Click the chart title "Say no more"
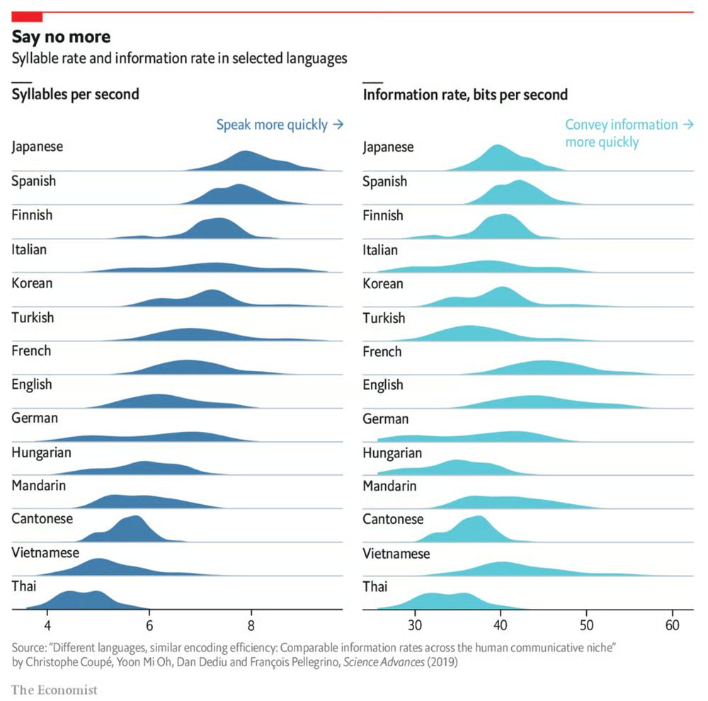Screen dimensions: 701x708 click(x=61, y=37)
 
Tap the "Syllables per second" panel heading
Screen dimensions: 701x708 click(x=75, y=94)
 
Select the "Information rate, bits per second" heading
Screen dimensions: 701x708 click(x=465, y=94)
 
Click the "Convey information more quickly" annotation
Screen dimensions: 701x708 click(x=629, y=133)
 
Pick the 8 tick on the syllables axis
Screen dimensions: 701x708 click(x=251, y=625)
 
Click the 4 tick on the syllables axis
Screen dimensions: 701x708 click(x=47, y=625)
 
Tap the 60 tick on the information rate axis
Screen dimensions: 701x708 click(x=672, y=625)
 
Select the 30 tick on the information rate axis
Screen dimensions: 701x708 click(x=415, y=625)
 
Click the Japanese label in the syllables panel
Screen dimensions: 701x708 click(x=38, y=147)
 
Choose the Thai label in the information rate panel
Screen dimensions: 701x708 click(x=375, y=587)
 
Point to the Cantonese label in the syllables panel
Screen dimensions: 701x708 click(x=42, y=518)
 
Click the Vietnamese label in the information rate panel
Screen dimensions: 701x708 click(x=396, y=554)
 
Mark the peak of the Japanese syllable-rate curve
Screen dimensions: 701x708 click(x=246, y=152)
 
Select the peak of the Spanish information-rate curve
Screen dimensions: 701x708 click(x=520, y=182)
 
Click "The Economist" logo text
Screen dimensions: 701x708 click(x=55, y=689)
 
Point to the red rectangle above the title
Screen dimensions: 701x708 click(x=27, y=16)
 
